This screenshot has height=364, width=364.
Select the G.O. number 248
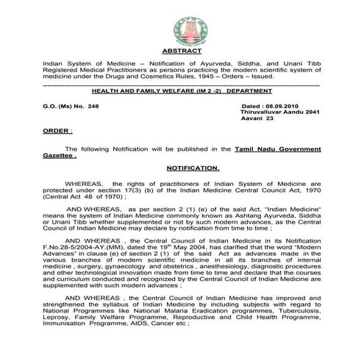(x=90, y=107)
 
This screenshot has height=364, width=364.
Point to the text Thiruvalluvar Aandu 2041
(x=280, y=115)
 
